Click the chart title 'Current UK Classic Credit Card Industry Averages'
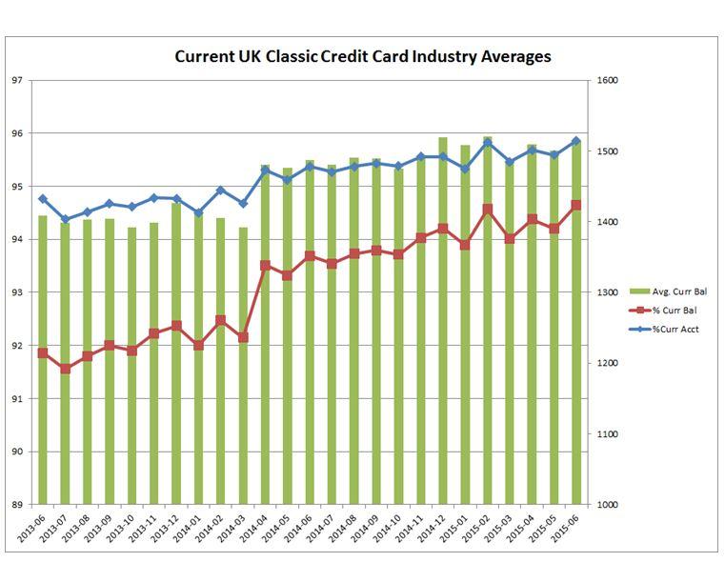pyautogui.click(x=363, y=56)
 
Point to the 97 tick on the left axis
pyautogui.click(x=16, y=80)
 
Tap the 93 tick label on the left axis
pyautogui.click(x=16, y=292)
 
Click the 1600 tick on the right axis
pyautogui.click(x=608, y=80)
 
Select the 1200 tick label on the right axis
pyautogui.click(x=608, y=364)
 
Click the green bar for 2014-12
pyautogui.click(x=443, y=324)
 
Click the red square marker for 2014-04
pyautogui.click(x=265, y=266)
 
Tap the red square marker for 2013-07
pyautogui.click(x=65, y=369)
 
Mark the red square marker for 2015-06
pyautogui.click(x=576, y=205)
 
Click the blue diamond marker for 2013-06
pyautogui.click(x=42, y=199)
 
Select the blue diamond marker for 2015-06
pyautogui.click(x=576, y=141)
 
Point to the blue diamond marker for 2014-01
pyautogui.click(x=198, y=213)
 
